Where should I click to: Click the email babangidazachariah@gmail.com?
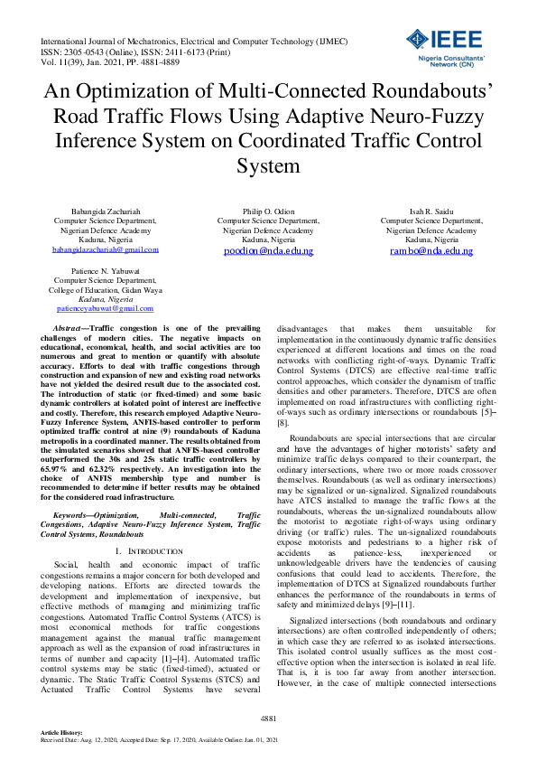coord(106,249)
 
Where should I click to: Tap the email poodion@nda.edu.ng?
coord(268,250)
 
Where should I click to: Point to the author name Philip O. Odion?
coord(268,210)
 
